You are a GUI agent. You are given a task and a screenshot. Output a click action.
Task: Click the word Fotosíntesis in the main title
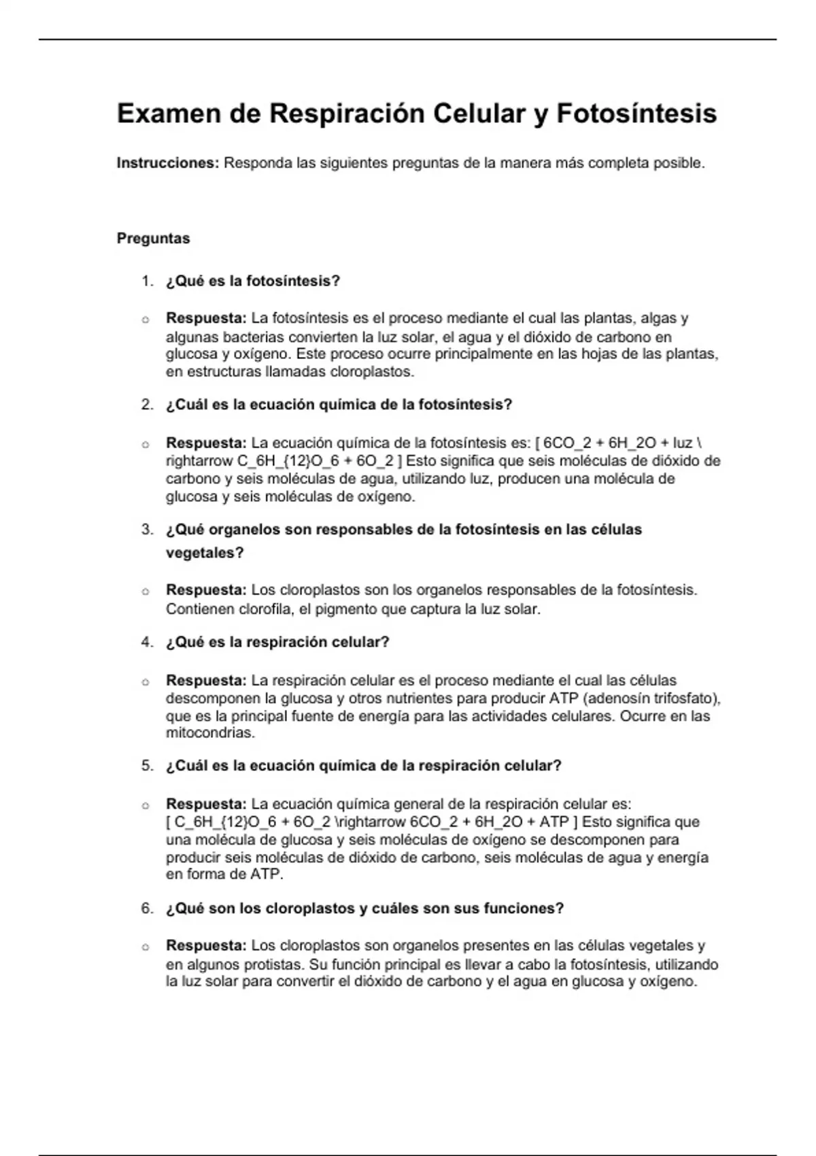(x=636, y=114)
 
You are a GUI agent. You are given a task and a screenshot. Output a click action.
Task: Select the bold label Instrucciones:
(x=167, y=163)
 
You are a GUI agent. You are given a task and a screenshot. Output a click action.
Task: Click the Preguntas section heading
(x=153, y=239)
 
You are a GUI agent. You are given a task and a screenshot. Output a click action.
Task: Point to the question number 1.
(x=146, y=282)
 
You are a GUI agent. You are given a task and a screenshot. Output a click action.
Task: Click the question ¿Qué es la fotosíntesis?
(x=252, y=282)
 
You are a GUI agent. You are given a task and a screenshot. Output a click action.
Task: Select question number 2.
(x=146, y=405)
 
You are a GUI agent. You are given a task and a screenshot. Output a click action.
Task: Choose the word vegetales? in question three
(x=204, y=553)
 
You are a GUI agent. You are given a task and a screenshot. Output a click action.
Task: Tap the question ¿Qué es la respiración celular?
(x=277, y=643)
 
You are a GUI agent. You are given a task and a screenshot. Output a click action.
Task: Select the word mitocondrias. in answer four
(x=210, y=734)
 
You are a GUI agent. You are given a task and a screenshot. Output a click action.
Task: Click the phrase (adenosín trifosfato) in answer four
(x=651, y=698)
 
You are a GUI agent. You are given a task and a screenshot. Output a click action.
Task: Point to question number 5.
(x=146, y=766)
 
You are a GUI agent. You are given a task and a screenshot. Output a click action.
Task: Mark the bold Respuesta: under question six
(x=206, y=946)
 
